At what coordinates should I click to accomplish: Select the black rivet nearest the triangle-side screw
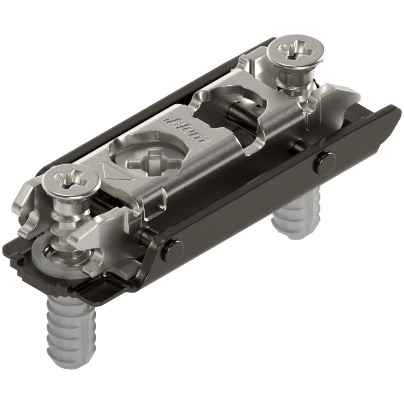coord(171,247)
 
